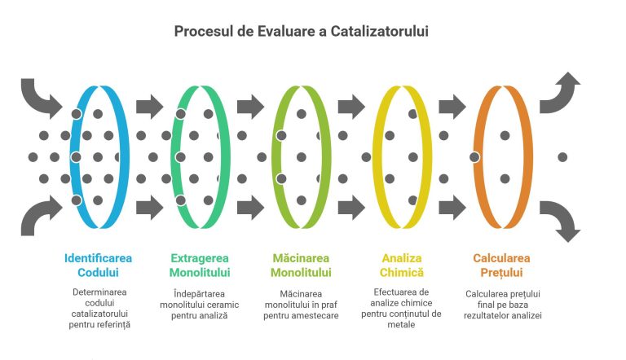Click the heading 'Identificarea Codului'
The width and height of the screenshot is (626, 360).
(99, 265)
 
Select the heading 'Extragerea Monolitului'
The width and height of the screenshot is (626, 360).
(200, 265)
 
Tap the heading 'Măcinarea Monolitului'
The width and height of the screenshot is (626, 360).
(301, 265)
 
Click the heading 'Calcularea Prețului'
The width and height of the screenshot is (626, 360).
(503, 265)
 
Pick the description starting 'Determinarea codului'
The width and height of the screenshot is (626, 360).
(99, 308)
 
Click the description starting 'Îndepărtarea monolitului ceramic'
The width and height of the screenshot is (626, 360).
(200, 304)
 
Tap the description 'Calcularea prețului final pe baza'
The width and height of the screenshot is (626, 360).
(503, 304)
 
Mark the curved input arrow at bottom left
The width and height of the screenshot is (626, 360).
(39, 217)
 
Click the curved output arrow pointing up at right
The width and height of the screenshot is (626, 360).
(562, 91)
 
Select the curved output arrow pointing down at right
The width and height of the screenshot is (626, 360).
(562, 222)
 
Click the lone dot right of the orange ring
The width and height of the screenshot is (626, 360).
(562, 156)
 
